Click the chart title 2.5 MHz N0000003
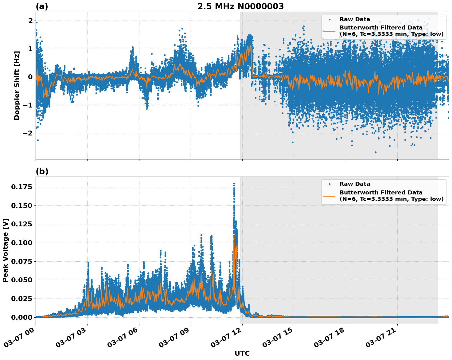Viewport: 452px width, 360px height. click(240, 6)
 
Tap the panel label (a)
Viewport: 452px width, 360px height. click(42, 6)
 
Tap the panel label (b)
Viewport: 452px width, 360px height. click(42, 171)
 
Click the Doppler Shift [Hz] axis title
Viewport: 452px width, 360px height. click(17, 85)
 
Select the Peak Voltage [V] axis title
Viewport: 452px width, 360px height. click(6, 250)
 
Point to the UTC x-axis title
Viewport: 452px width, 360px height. click(242, 353)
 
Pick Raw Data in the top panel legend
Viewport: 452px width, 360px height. click(355, 19)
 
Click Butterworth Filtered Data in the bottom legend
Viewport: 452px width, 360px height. click(381, 193)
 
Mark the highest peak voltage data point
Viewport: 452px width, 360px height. click(234, 183)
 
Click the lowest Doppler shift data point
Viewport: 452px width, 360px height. click(375, 152)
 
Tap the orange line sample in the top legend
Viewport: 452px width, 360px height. click(329, 31)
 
